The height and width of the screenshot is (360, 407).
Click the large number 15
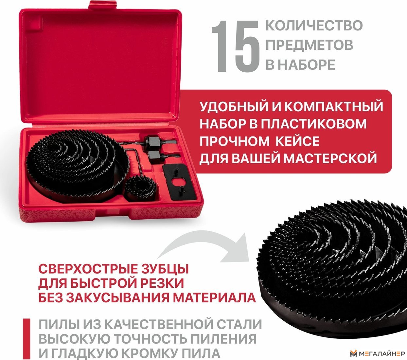coord(236,46)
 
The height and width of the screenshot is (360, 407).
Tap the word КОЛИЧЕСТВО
coord(314,26)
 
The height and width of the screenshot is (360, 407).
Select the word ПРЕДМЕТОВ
coord(310,45)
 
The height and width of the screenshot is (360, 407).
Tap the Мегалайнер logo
coord(377,353)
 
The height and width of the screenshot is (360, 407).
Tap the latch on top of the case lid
coord(102,5)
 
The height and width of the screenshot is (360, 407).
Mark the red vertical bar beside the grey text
coord(27,339)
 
